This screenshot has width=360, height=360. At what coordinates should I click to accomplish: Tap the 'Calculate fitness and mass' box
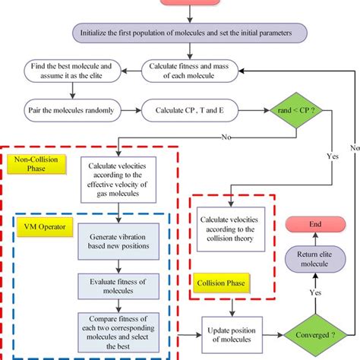click(x=188, y=73)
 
